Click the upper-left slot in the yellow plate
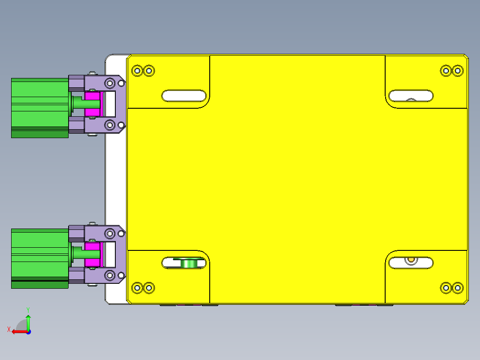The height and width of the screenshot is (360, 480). [x=184, y=95]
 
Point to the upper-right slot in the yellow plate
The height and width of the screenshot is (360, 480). [x=411, y=95]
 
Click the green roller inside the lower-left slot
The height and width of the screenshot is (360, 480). [x=189, y=263]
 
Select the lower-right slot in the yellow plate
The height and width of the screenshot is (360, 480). [x=411, y=263]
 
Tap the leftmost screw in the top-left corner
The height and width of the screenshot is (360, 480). [x=137, y=70]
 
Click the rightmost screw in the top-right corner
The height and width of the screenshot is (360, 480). [x=457, y=70]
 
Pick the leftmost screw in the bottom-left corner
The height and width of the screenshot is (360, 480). [x=137, y=288]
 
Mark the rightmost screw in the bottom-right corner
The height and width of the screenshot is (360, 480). [x=457, y=288]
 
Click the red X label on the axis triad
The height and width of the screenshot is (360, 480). [x=8, y=329]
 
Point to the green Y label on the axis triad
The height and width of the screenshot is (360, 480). [x=28, y=309]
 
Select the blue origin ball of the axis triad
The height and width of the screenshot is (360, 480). [x=28, y=331]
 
